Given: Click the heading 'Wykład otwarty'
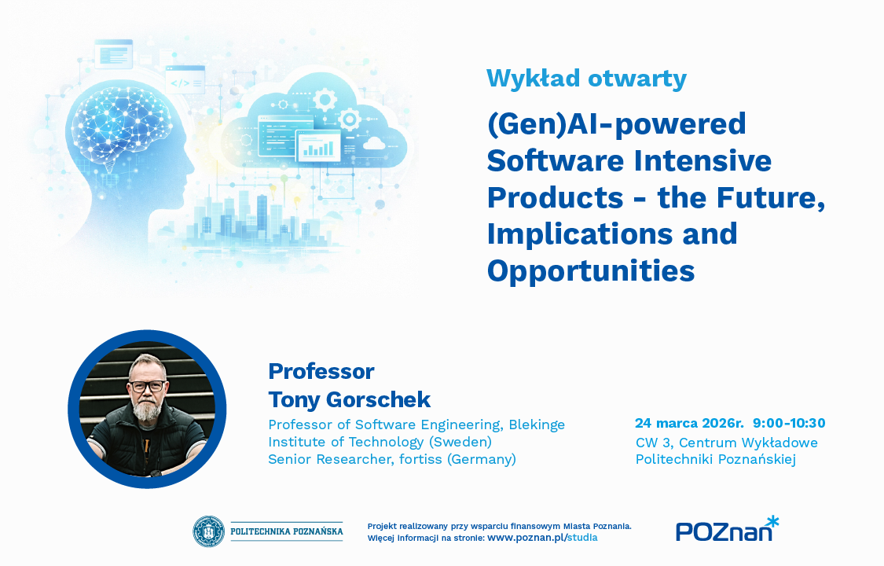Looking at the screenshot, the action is [586, 79].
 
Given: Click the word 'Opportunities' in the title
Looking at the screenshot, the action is [591, 271].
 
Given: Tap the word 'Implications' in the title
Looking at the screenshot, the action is [580, 234].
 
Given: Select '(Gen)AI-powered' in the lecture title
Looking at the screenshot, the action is [617, 124].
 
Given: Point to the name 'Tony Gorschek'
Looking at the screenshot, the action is [350, 399].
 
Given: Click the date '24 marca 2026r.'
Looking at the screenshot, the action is [689, 423].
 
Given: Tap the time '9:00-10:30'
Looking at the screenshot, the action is [789, 423].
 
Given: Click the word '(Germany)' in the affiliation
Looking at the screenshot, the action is [482, 459].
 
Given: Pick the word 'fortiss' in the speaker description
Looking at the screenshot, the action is [420, 459].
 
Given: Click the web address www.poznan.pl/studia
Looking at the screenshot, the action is [542, 537].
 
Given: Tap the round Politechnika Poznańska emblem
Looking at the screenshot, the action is [208, 531].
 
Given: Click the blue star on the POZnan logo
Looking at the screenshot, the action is [772, 521].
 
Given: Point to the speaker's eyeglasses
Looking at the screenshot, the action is [148, 386].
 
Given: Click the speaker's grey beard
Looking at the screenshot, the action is [148, 410].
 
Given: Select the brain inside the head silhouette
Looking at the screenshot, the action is [121, 127].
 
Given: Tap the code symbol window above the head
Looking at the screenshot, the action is [185, 80].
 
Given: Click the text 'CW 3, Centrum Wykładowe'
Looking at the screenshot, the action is [727, 443].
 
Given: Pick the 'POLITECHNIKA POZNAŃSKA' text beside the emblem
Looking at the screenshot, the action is [286, 531].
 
